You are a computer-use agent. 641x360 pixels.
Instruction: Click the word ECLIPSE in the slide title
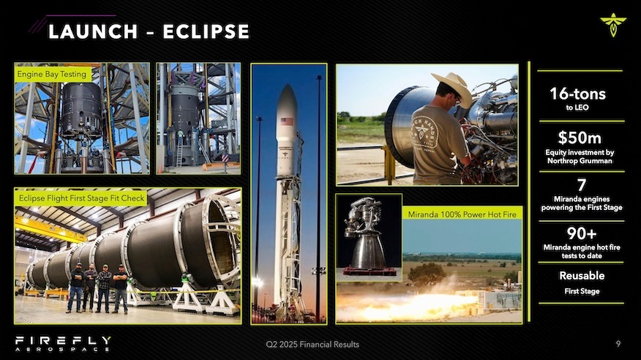coord(206,31)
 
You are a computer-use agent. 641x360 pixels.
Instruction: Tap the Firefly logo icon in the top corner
coord(612,25)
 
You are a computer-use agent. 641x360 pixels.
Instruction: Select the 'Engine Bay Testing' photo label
coord(52,74)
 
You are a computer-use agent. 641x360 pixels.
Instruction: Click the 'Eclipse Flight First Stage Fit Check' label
coord(81,198)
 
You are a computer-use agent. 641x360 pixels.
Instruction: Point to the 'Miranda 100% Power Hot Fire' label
coord(462,214)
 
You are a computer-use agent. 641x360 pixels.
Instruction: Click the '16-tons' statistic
coord(577,94)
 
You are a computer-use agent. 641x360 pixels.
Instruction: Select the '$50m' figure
coord(580,138)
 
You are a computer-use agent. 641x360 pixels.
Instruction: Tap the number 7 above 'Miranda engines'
coord(582,185)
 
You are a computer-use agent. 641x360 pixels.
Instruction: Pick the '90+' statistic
coord(581,233)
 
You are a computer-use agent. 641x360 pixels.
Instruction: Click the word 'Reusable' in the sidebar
coord(582,275)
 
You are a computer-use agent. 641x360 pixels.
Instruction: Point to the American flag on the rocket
coord(287,121)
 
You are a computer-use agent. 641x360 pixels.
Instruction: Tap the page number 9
coord(618,344)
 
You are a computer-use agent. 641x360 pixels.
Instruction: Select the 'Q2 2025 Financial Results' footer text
coord(312,345)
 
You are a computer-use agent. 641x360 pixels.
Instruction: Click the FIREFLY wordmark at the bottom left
coord(63,340)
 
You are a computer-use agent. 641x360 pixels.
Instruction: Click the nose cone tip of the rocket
coord(287,86)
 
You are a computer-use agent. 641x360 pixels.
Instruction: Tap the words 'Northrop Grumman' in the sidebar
coord(580,161)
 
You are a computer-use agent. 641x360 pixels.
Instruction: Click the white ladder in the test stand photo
coord(179,152)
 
